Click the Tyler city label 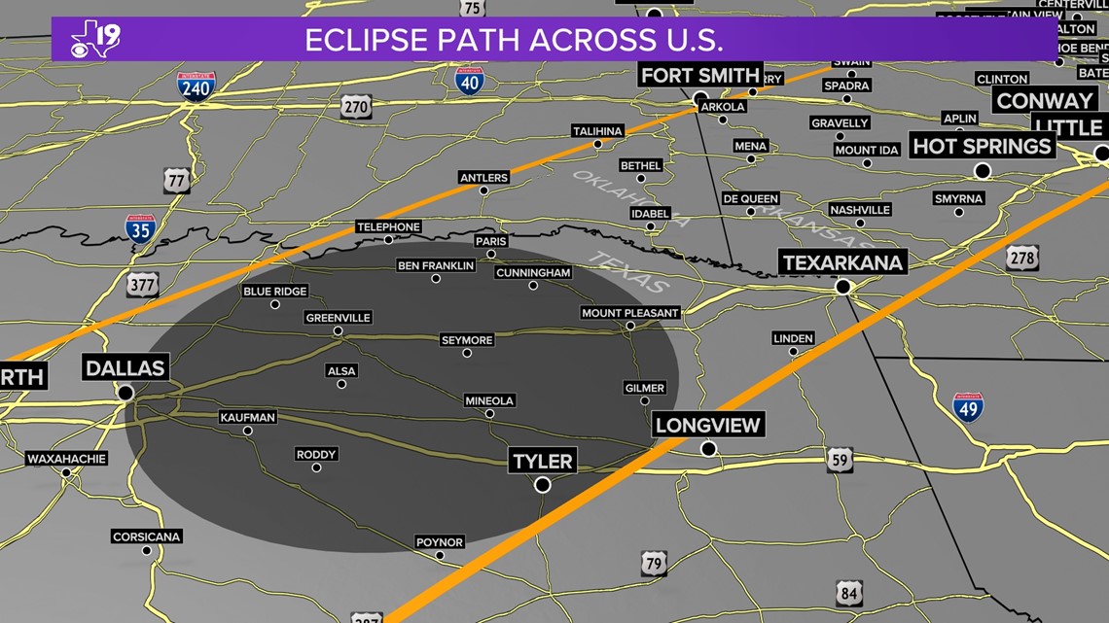[x=543, y=460]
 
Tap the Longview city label [x=708, y=425]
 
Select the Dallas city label [x=125, y=367]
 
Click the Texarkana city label [x=842, y=262]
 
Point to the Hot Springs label [x=982, y=147]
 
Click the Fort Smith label [x=698, y=75]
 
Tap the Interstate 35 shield [x=140, y=229]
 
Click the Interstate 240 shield [x=196, y=87]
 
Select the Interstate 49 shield [x=967, y=407]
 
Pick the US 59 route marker [x=840, y=460]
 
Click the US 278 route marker [x=1022, y=258]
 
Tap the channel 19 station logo [x=95, y=39]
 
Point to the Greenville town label [x=339, y=318]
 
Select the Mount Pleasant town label [x=629, y=313]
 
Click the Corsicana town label [x=147, y=536]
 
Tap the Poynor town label [x=440, y=542]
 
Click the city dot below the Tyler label [x=543, y=485]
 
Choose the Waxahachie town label [x=66, y=459]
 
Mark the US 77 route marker [x=176, y=180]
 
